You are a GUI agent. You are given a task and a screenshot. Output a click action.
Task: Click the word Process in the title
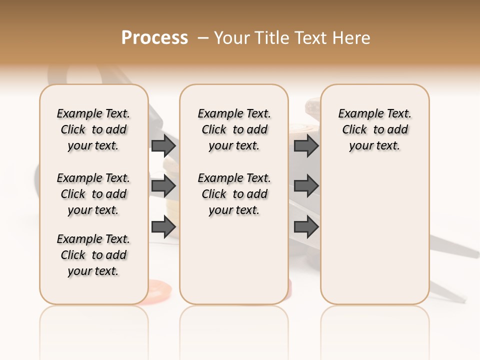(x=154, y=38)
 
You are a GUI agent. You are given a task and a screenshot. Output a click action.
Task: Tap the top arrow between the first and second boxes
(x=163, y=145)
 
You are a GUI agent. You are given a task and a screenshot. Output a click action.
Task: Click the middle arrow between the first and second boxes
(x=163, y=186)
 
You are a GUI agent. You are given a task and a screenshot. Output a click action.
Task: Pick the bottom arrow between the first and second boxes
(x=163, y=227)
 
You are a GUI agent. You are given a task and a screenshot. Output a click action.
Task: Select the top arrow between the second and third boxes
(x=306, y=145)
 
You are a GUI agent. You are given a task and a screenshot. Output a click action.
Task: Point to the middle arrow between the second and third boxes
(x=306, y=186)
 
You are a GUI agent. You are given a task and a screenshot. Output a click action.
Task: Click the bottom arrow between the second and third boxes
(x=306, y=227)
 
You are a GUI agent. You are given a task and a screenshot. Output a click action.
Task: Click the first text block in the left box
(x=93, y=129)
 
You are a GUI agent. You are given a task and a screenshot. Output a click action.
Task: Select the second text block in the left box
(x=93, y=194)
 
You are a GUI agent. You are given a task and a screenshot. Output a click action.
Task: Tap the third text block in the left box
(x=93, y=255)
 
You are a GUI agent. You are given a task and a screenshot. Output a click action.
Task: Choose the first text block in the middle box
(x=234, y=129)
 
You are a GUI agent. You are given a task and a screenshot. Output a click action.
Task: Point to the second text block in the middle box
(x=234, y=194)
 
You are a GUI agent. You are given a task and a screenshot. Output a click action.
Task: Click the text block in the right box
(x=374, y=129)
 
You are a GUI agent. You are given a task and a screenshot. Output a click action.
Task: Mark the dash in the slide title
(x=203, y=38)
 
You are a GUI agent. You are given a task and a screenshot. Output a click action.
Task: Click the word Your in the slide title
(x=231, y=38)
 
